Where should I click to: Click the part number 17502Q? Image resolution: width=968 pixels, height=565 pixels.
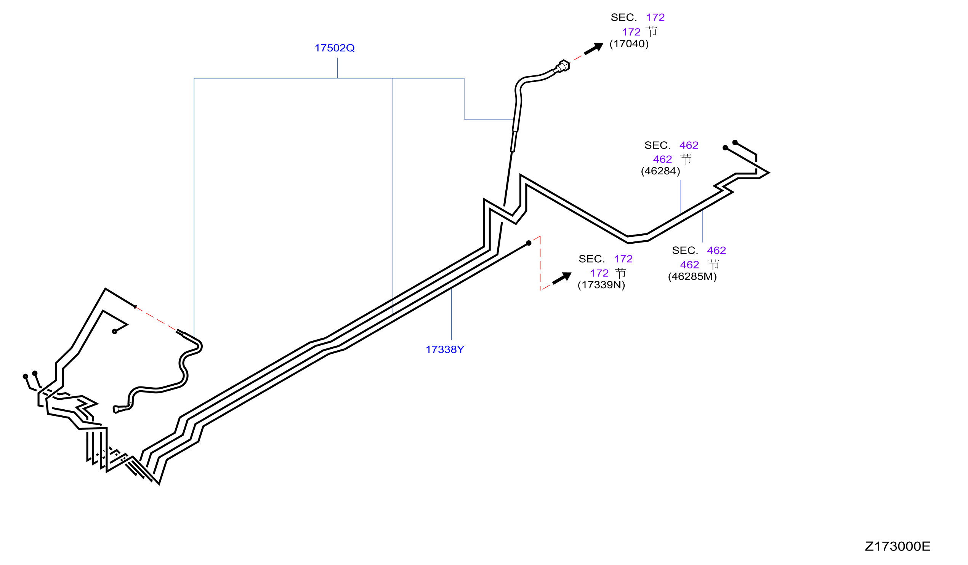click(334, 48)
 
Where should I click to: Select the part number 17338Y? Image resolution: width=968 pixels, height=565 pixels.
click(445, 350)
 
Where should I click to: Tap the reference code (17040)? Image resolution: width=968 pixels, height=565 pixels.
click(629, 44)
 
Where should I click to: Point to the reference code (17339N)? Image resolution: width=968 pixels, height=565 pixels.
click(601, 285)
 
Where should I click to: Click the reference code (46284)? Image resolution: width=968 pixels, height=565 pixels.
click(660, 171)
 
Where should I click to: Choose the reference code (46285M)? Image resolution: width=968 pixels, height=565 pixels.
click(692, 277)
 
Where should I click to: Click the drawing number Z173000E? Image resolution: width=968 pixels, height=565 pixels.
click(897, 546)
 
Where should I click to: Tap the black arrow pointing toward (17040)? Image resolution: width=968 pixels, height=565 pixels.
click(594, 49)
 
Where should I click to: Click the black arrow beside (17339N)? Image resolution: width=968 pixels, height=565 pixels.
click(562, 278)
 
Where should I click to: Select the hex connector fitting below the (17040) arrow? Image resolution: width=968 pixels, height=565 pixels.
click(564, 66)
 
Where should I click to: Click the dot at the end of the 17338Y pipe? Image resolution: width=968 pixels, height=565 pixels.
click(529, 243)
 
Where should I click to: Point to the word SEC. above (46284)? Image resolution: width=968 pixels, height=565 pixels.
click(657, 145)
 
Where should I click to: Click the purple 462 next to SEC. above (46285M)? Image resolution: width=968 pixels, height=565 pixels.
click(716, 251)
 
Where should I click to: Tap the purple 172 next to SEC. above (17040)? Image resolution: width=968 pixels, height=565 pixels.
click(655, 18)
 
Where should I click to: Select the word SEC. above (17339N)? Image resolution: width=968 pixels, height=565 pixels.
click(591, 259)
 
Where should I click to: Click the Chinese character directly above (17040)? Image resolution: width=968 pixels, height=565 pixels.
click(651, 32)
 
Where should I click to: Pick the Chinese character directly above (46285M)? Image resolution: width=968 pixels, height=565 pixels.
click(714, 265)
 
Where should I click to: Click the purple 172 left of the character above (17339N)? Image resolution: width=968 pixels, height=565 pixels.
click(599, 273)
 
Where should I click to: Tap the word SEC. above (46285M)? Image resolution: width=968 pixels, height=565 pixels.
click(685, 251)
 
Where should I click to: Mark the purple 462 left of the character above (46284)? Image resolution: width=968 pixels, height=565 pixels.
click(662, 159)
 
